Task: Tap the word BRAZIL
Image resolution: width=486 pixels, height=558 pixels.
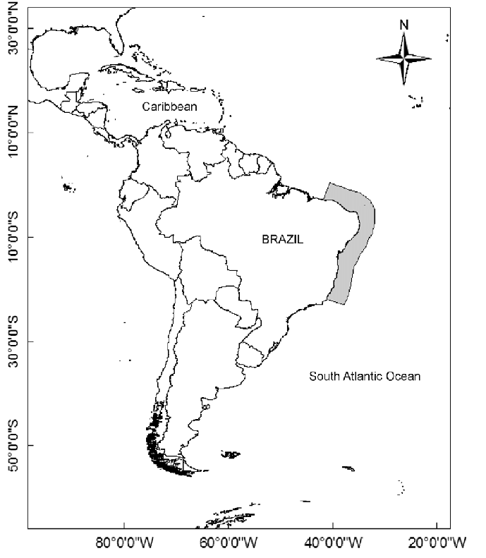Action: pyautogui.click(x=282, y=239)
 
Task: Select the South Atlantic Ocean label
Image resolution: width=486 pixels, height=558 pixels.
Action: pyautogui.click(x=365, y=376)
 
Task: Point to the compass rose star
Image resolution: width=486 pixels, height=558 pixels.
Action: pyautogui.click(x=403, y=59)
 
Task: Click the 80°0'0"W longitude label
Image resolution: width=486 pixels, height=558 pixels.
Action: pyautogui.click(x=124, y=544)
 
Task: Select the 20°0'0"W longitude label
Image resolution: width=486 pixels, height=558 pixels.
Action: pyautogui.click(x=437, y=544)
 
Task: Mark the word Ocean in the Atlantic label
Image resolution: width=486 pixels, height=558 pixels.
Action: pyautogui.click(x=405, y=376)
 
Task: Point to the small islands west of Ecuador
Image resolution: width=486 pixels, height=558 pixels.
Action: pyautogui.click(x=68, y=188)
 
